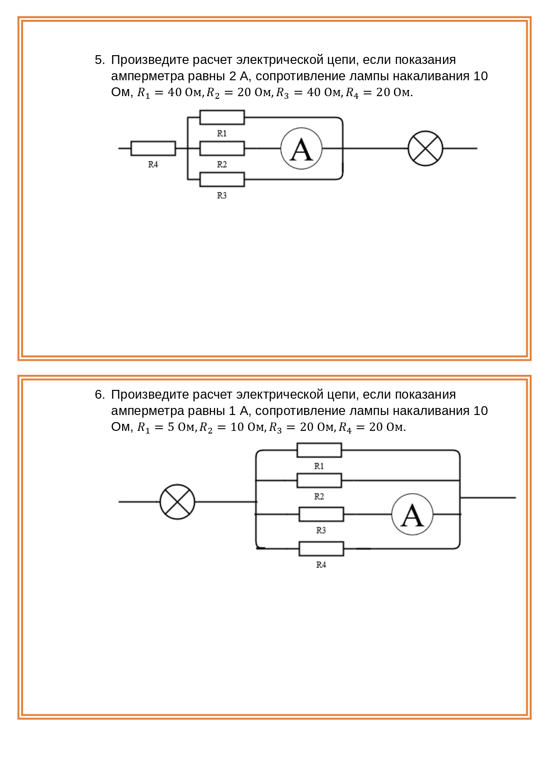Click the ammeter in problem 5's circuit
301,149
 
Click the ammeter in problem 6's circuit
412,514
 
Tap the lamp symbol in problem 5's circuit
425,149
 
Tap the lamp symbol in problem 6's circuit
177,502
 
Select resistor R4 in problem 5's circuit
153,149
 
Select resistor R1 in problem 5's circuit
222,117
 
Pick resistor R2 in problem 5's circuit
222,149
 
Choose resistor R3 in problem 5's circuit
222,179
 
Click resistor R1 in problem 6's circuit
319,450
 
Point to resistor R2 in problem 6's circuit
319,480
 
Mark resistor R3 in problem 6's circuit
321,514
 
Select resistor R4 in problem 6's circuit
321,549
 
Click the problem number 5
100,60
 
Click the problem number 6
100,395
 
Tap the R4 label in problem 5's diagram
153,165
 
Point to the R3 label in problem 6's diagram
321,530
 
